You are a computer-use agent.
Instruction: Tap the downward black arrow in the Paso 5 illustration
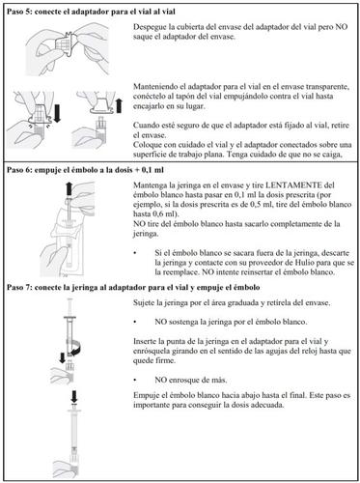click(58, 113)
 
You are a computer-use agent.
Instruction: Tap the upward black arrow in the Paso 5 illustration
click(119, 105)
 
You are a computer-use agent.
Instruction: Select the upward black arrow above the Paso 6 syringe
click(69, 188)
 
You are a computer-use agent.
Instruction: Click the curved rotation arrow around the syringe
click(74, 349)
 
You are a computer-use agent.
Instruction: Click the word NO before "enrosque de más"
click(160, 380)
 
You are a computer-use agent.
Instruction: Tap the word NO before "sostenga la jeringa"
click(160, 322)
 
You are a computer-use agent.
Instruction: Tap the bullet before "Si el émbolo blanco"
click(135, 253)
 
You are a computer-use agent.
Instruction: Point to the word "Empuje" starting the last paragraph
click(145, 395)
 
